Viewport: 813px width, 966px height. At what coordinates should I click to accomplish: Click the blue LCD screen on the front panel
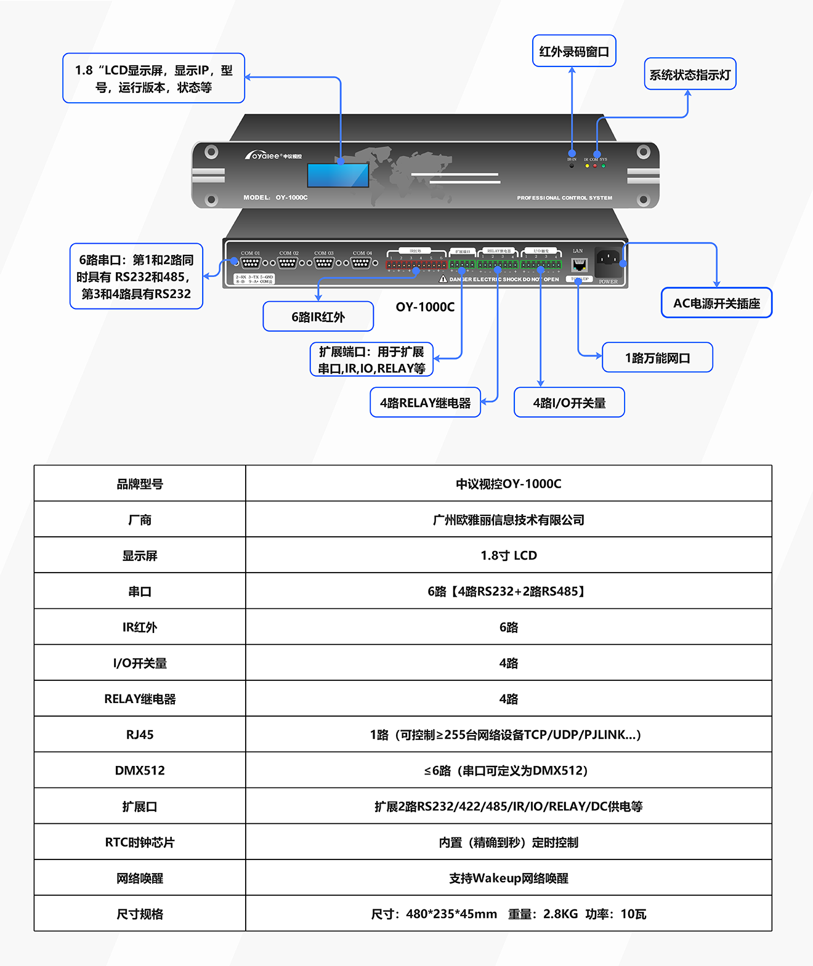coord(338,175)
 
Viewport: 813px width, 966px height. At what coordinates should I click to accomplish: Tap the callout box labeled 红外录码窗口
coord(573,51)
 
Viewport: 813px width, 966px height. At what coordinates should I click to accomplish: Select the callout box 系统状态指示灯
coord(690,74)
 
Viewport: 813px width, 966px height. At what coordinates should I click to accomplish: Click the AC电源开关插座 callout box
coord(716,303)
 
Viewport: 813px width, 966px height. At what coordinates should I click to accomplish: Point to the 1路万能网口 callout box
coord(657,358)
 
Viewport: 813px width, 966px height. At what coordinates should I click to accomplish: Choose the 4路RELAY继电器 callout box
coord(425,403)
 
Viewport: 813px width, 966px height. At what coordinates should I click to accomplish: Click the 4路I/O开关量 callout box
coord(568,403)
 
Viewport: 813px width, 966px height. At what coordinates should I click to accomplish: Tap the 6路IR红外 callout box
coord(318,316)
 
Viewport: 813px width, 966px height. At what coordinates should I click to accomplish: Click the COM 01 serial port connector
coord(250,263)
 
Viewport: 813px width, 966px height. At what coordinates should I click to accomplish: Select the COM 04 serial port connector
coord(362,263)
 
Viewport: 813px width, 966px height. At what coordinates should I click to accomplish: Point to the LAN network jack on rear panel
coord(579,265)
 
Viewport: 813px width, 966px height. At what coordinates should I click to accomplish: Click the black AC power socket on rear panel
coord(608,259)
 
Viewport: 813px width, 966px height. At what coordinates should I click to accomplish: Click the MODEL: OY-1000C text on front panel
coord(275,198)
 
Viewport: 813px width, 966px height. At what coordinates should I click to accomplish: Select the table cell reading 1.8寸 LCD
coord(508,555)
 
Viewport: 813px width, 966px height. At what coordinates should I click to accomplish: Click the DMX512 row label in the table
coord(140,770)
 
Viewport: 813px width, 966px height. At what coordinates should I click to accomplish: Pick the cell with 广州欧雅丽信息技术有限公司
coord(508,520)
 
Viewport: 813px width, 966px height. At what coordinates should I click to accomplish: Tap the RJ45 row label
coord(140,735)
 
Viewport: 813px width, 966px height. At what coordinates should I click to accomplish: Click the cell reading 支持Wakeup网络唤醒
coord(508,878)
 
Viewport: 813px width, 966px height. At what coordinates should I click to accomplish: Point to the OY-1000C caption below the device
coord(425,307)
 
